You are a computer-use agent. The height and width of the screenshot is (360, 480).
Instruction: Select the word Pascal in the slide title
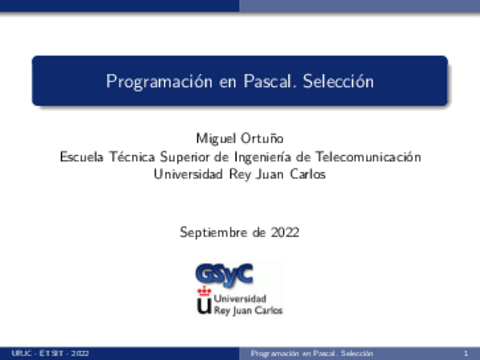click(x=266, y=80)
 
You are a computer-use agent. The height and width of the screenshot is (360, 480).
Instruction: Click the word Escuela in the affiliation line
click(x=82, y=156)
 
